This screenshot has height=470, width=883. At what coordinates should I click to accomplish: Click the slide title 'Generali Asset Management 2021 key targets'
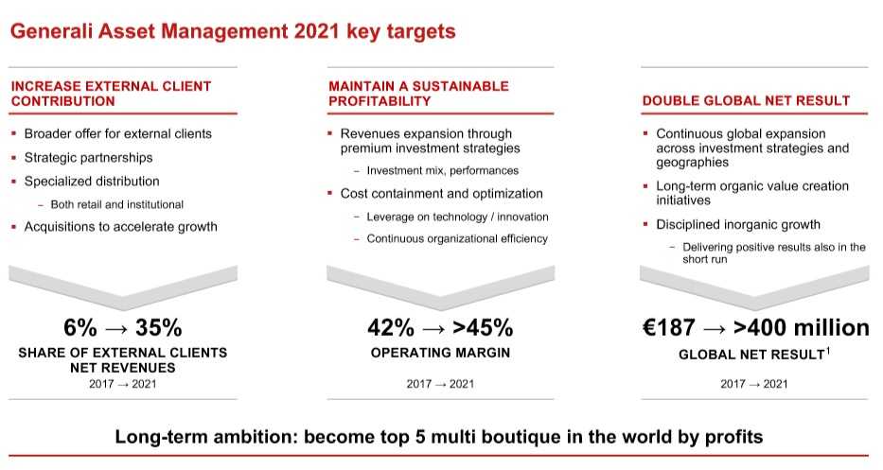233,31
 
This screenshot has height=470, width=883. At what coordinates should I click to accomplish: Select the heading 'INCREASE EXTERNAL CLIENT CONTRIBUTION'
111,94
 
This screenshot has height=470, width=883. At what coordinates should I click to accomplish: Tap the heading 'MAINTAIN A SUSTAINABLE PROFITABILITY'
418,94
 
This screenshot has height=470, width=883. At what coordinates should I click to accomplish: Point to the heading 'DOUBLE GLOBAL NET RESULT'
746,101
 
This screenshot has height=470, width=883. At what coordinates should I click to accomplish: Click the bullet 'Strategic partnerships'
88,158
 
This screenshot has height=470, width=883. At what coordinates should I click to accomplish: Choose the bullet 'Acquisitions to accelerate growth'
120,227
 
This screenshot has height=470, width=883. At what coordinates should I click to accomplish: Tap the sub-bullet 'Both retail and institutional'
117,204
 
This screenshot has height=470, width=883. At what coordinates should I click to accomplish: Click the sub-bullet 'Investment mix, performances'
443,170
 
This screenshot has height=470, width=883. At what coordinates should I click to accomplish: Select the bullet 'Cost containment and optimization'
441,194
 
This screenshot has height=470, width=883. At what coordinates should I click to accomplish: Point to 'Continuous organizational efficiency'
457,238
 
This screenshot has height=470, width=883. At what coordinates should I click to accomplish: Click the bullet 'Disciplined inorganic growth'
738,224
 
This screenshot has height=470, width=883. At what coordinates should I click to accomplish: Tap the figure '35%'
159,327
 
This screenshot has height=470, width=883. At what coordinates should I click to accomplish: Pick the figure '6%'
79,327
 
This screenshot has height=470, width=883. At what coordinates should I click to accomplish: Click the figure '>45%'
483,327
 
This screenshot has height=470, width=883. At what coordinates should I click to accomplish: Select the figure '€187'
669,327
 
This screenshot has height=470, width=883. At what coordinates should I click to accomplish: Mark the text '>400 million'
802,327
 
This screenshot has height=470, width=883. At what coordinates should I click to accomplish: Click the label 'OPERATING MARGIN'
440,353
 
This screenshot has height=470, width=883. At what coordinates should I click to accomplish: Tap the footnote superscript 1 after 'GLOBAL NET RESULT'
828,351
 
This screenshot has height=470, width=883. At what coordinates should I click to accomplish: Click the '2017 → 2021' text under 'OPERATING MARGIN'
440,384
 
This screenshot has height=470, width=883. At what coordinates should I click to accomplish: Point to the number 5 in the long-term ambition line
419,437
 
